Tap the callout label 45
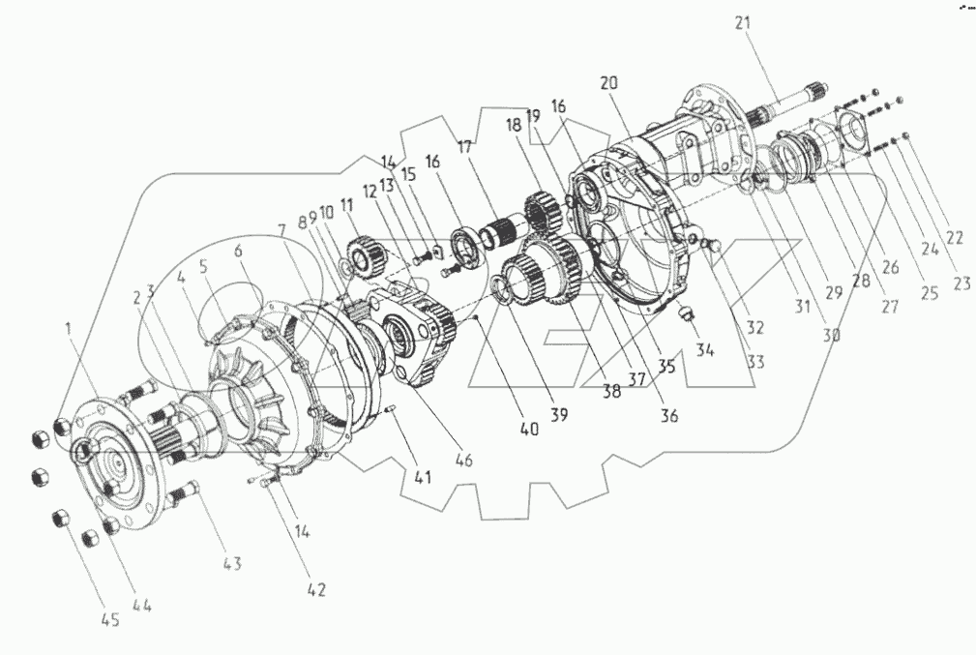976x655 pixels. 111,620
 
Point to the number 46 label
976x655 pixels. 463,461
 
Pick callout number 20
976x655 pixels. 608,84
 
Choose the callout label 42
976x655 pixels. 316,588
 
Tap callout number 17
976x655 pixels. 466,147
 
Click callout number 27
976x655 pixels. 887,308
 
